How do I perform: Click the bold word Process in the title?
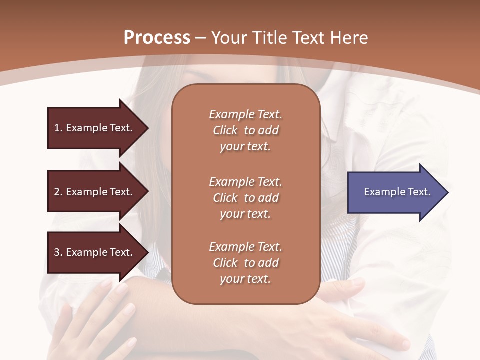[157, 38]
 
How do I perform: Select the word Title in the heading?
[268, 38]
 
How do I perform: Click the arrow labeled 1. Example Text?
[95, 128]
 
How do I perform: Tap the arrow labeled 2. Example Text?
[95, 192]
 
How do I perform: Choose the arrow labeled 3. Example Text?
[95, 252]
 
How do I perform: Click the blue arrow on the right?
[395, 192]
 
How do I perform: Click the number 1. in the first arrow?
[58, 128]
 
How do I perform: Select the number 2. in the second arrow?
[58, 192]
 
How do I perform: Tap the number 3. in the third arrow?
[58, 252]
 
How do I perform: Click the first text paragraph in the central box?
[245, 130]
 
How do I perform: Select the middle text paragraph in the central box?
[245, 198]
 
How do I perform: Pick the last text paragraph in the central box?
[245, 263]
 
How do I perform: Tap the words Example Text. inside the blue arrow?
[397, 192]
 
